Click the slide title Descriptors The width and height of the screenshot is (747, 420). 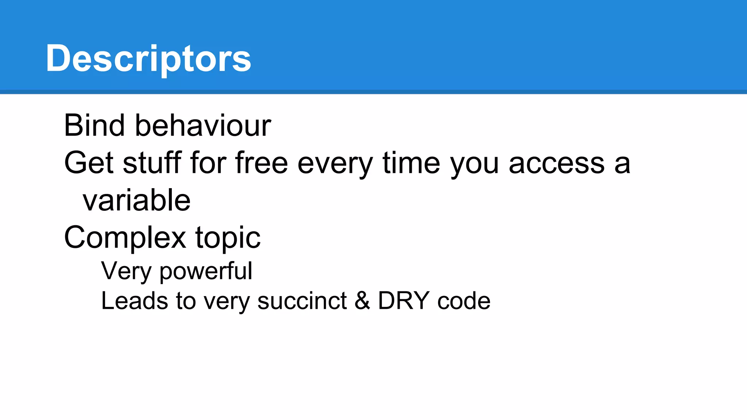(148, 58)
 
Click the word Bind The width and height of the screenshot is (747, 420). (94, 125)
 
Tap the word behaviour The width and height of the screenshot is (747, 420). (203, 125)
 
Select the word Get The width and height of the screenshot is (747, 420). (89, 163)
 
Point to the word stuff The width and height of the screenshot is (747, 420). (152, 163)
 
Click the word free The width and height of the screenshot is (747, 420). (262, 163)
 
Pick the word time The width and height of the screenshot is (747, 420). (411, 163)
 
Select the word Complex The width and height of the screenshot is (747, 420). (125, 238)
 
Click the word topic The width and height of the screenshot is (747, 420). (228, 238)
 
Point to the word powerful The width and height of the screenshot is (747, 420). (206, 271)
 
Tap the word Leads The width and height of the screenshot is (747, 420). (134, 301)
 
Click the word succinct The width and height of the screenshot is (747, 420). (302, 301)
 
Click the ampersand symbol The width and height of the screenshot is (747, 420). (362, 301)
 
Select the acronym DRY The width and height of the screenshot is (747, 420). (403, 301)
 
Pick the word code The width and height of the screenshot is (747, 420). (464, 301)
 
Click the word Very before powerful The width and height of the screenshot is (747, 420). (126, 271)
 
